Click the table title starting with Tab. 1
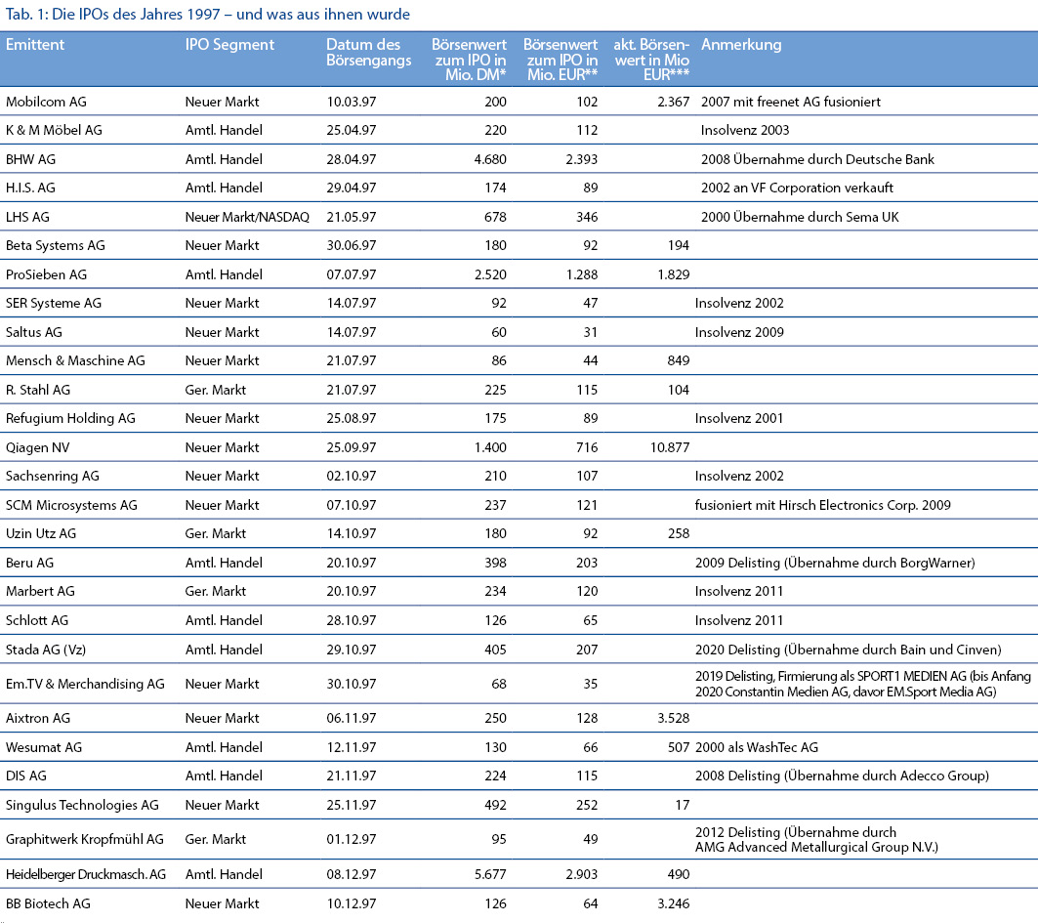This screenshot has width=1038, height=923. click(208, 14)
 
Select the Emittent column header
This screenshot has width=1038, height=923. click(35, 44)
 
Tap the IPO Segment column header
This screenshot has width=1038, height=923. click(229, 45)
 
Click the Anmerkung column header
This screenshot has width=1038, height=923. click(741, 45)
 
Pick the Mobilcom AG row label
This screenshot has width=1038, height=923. click(46, 102)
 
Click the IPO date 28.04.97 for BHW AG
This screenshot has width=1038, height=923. click(351, 159)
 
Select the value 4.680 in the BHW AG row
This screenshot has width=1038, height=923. click(490, 159)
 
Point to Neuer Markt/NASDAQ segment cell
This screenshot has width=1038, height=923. click(247, 217)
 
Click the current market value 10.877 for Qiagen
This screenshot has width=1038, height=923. click(669, 447)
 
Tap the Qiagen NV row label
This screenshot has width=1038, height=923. click(38, 447)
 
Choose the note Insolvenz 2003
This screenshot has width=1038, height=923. click(745, 131)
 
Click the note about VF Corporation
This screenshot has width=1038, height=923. click(797, 189)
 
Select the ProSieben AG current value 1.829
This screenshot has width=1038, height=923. click(673, 274)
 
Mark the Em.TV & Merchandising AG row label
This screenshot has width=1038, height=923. click(85, 684)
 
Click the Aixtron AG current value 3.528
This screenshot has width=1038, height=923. click(673, 719)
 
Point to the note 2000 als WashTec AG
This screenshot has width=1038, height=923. click(756, 747)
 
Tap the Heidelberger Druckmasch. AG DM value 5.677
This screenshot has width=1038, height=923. click(490, 875)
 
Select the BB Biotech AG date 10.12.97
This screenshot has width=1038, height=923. click(351, 903)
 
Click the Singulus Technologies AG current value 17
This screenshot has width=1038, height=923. click(682, 805)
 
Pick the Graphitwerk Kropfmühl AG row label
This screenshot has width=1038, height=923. click(85, 840)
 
